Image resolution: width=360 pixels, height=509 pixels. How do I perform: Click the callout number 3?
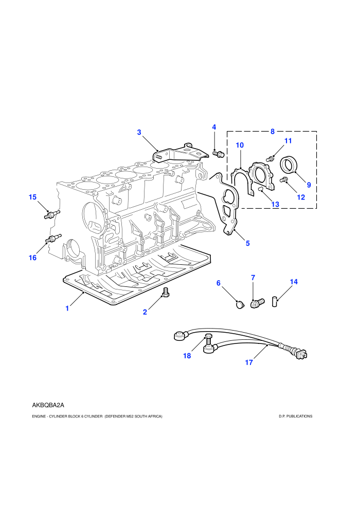coord(139,132)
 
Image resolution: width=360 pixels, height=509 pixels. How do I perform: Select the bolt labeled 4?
coord(218,154)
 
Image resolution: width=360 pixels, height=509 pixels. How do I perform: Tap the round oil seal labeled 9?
coord(288,165)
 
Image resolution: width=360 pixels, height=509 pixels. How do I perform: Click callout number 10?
coord(240,145)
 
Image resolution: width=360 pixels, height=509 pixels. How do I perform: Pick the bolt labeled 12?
coord(284,179)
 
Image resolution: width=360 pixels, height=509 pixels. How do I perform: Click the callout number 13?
coord(275,204)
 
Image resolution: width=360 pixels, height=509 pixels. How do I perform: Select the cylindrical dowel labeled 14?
coord(275,301)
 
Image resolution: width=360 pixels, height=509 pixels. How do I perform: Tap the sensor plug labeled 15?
coord(51,214)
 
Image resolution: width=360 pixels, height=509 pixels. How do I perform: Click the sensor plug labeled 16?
coord(53,239)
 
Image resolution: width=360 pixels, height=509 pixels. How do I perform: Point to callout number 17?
coord(248,362)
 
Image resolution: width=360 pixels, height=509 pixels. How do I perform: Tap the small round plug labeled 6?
coord(240,305)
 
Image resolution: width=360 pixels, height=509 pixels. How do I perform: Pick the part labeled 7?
coord(258,303)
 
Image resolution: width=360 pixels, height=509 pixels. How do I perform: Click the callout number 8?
coord(273,132)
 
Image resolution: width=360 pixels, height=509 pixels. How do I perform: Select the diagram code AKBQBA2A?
coord(48,405)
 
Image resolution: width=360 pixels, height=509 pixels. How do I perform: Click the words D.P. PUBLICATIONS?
coord(295,416)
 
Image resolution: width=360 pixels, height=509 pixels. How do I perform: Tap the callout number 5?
coord(248,243)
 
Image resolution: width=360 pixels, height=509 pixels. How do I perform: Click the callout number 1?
coord(67,308)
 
